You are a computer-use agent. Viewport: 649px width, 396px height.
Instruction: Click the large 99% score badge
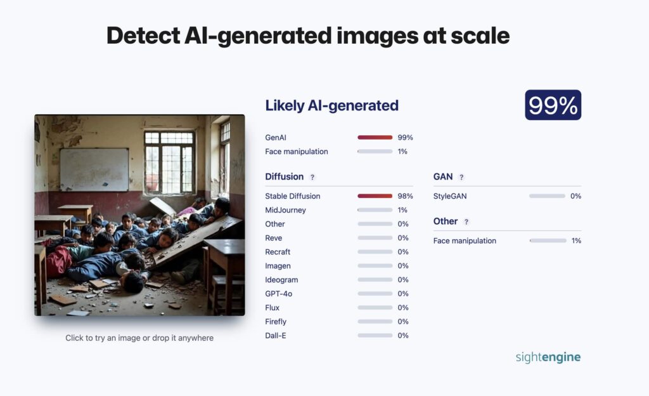click(x=553, y=105)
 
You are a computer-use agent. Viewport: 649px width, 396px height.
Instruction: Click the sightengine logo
click(x=548, y=357)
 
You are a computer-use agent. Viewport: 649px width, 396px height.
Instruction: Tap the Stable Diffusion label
click(x=293, y=196)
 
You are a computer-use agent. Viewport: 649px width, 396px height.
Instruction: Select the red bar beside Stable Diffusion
click(x=375, y=196)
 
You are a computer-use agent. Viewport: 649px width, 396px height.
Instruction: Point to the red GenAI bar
click(x=375, y=137)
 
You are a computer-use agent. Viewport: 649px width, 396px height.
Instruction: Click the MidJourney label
click(x=286, y=210)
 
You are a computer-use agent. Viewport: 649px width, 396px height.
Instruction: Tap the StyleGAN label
click(x=450, y=196)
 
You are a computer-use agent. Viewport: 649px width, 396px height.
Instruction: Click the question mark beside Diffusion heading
click(x=312, y=177)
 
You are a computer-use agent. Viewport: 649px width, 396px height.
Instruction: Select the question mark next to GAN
click(x=461, y=177)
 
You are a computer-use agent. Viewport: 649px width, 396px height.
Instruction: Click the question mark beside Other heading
click(x=466, y=222)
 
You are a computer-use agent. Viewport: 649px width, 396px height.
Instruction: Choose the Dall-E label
click(x=276, y=336)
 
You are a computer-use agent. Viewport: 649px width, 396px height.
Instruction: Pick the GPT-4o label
click(x=279, y=294)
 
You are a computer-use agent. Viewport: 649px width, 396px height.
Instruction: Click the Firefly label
click(x=276, y=322)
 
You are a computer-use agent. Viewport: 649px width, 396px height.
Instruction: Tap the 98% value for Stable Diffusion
click(x=405, y=196)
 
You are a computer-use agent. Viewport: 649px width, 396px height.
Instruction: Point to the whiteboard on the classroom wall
click(x=94, y=169)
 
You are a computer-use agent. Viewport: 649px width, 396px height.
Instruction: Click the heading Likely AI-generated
click(x=331, y=105)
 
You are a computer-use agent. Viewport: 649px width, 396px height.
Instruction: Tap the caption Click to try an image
click(x=139, y=338)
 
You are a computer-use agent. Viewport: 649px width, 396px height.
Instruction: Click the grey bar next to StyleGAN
click(x=547, y=196)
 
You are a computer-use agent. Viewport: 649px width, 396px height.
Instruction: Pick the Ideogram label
click(x=281, y=280)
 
